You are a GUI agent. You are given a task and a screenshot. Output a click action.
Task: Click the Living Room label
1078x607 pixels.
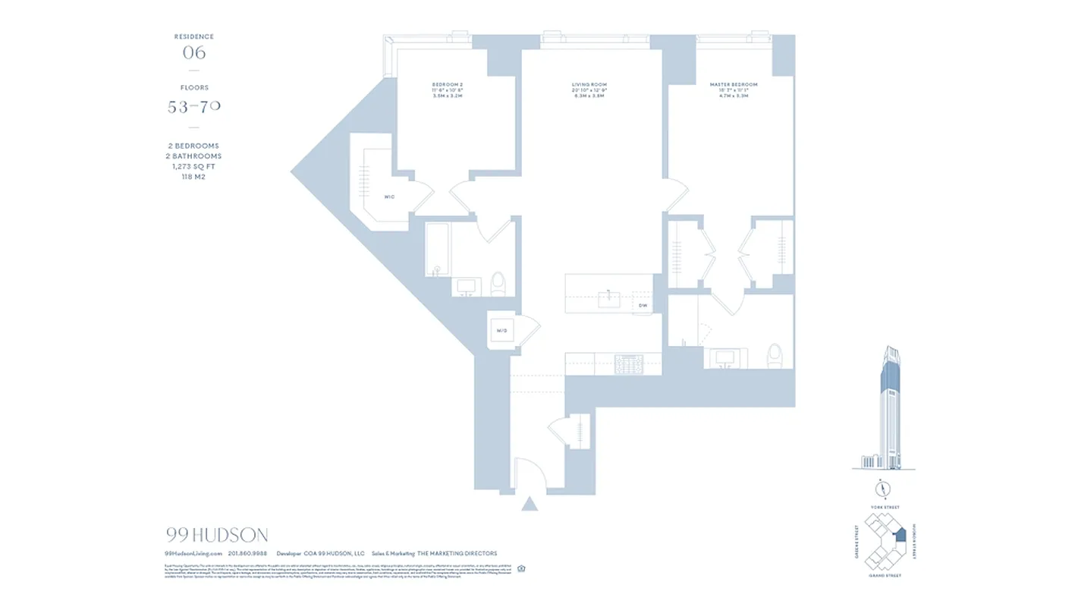(589, 85)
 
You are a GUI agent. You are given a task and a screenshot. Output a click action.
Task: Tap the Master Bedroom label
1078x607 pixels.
(733, 85)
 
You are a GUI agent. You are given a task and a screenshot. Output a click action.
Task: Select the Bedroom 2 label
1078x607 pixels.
(448, 85)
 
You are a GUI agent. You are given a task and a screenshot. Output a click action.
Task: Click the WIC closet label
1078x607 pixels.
(389, 197)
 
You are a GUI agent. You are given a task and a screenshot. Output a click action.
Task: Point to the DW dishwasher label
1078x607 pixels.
(642, 306)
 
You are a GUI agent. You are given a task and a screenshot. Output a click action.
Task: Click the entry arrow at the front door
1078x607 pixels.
(530, 503)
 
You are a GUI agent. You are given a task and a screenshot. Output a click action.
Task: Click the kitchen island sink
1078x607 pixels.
(609, 299)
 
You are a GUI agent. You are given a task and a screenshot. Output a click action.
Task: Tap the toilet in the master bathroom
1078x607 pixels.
(775, 356)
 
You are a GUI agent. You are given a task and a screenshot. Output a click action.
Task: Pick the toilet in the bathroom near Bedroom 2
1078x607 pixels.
(498, 283)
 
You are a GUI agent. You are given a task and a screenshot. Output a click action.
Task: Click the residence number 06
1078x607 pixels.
(194, 52)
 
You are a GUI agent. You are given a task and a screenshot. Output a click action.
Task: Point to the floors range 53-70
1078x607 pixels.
(194, 107)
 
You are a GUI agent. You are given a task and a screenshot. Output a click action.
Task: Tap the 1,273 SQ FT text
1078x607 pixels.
(194, 166)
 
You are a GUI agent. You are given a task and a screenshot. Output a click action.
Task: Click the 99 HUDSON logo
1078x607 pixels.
(216, 536)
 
